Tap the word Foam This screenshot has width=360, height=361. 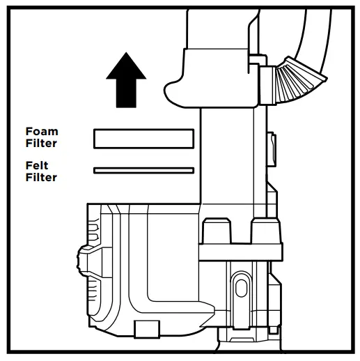pos(42,132)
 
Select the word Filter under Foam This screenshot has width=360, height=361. pos(41,143)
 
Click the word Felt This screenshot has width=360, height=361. pos(37,166)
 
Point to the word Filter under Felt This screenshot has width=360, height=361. pos(41,177)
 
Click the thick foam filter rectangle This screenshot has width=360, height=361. pos(143,139)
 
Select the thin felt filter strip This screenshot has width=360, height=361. pos(143,171)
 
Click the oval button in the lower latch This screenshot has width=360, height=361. pos(241,288)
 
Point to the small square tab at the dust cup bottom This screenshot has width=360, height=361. pos(147,329)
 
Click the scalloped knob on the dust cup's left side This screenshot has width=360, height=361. pos(82,261)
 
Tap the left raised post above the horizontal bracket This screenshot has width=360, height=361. pos(217,231)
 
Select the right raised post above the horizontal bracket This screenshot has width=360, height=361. pos(266,231)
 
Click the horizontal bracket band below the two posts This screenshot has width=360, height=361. pos(240,252)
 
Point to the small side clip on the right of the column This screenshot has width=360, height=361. pos(272,149)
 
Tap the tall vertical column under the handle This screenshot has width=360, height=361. pos(228,155)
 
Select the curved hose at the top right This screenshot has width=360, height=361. pos(312,35)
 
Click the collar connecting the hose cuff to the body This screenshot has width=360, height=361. pos(268,85)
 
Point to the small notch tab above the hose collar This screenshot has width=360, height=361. pos(257,59)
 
